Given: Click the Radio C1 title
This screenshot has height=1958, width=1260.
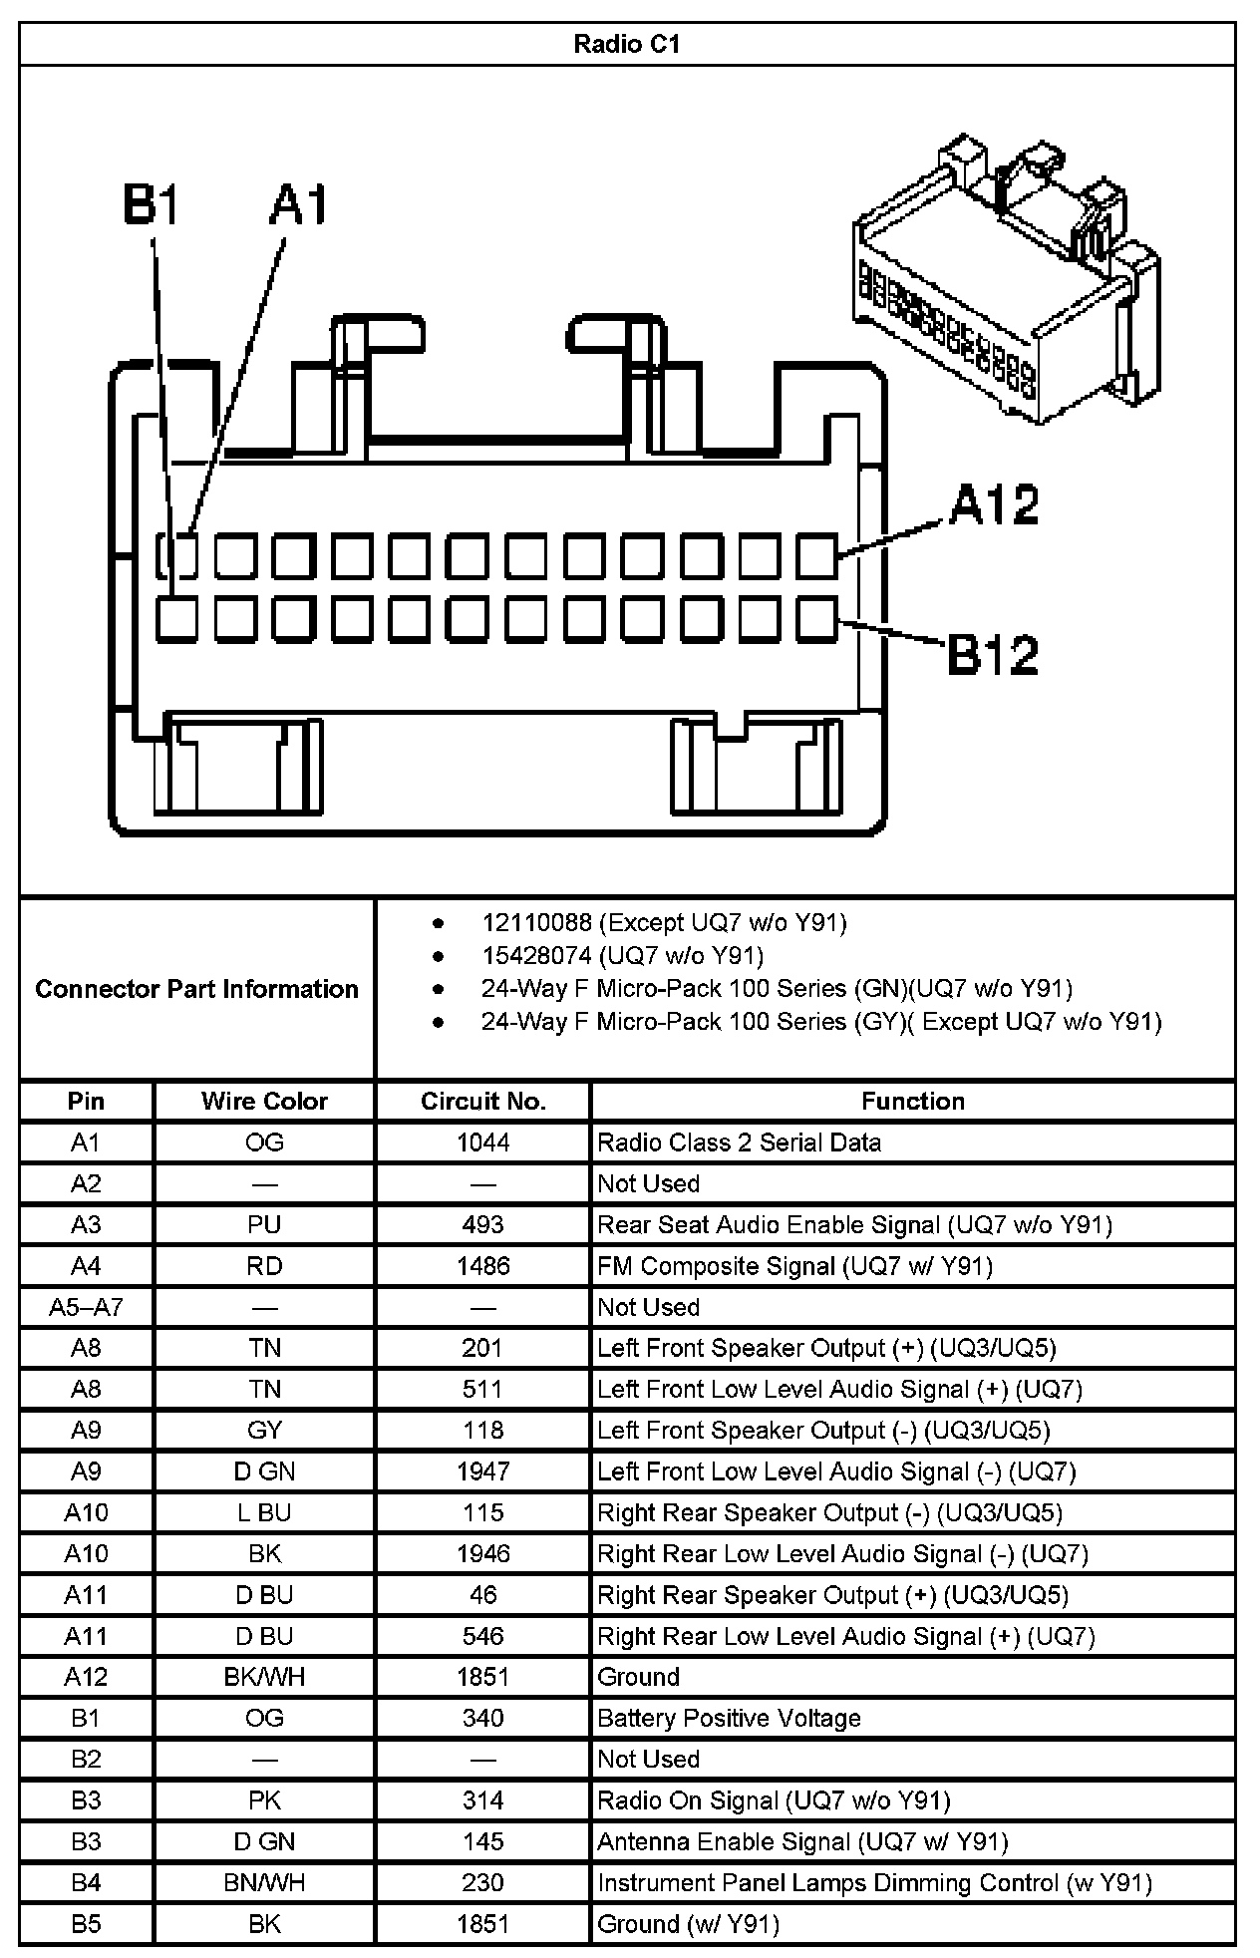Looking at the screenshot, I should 626,44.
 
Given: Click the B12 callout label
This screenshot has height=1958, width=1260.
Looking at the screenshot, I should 993,654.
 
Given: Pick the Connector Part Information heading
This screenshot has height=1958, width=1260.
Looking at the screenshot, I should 196,989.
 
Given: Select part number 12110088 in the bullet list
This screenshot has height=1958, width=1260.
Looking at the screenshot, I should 536,922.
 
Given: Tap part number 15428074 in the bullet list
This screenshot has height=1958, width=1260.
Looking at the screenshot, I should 536,956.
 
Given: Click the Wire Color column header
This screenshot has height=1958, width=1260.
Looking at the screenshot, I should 264,1101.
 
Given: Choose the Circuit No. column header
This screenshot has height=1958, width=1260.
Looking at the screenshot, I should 483,1101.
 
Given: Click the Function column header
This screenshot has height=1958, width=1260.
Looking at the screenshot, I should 912,1101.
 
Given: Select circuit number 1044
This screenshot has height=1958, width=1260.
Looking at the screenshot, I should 483,1142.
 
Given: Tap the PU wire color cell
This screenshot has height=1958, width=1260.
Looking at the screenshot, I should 264,1224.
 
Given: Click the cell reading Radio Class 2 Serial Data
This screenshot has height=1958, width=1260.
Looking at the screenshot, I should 739,1142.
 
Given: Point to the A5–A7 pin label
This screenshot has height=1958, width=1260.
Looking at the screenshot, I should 86,1307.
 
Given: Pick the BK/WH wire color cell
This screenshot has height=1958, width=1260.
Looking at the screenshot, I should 264,1677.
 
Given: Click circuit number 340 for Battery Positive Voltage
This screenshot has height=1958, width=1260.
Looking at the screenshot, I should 483,1718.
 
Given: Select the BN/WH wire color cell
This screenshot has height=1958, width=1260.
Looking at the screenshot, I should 264,1882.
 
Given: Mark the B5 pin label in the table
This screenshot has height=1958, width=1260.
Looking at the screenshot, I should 86,1923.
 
